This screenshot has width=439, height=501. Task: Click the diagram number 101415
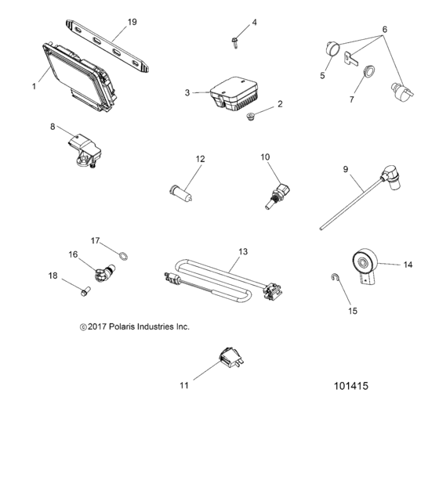pyautogui.click(x=350, y=386)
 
